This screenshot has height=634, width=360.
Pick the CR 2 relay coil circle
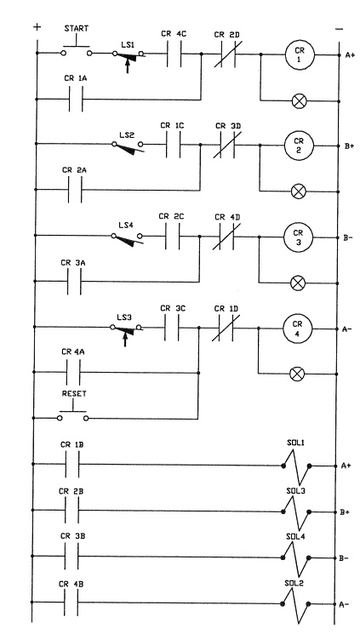point(298,146)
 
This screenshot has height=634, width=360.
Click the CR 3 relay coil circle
point(298,237)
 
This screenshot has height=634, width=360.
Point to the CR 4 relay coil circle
point(298,328)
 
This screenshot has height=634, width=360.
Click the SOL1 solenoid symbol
point(294,466)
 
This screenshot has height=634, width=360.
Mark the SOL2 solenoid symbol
point(294,603)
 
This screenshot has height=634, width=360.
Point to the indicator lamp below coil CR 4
point(298,373)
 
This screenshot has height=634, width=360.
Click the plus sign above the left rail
point(36,28)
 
